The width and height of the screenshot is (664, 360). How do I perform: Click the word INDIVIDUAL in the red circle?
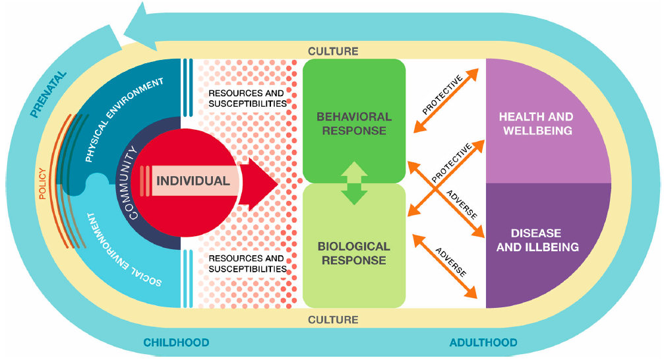(x=193, y=181)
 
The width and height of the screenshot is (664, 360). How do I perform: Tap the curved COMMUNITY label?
(x=129, y=181)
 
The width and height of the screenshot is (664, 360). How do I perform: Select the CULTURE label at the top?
(x=333, y=51)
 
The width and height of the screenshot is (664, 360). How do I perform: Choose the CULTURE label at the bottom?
(x=333, y=320)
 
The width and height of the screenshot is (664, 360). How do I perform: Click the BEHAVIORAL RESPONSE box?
(x=353, y=123)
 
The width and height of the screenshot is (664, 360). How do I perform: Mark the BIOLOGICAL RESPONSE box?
(x=353, y=254)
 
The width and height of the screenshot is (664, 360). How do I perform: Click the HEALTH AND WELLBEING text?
(x=536, y=123)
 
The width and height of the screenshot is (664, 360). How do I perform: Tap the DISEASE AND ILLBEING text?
(x=536, y=241)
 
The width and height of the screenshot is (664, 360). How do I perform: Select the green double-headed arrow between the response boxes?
(x=354, y=183)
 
